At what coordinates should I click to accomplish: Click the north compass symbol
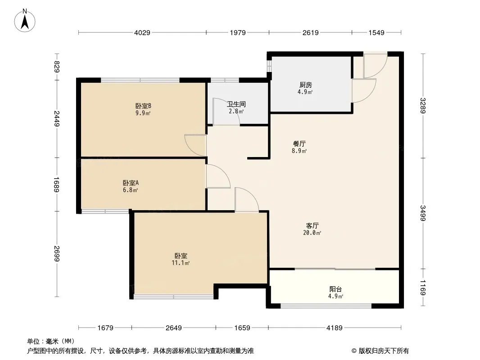[x=26, y=21]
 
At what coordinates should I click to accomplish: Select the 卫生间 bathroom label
[x=235, y=104]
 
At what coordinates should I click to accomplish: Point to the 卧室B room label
[x=143, y=106]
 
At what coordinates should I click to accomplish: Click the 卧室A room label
[x=131, y=183]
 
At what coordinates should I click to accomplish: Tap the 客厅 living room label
[x=313, y=225]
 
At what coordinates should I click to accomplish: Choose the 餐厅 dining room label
[x=300, y=144]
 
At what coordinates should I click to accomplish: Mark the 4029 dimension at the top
[x=142, y=32]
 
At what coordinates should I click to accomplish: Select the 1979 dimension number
[x=237, y=32]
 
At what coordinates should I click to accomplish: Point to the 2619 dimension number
[x=310, y=32]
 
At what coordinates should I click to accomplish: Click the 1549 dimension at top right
[x=376, y=32]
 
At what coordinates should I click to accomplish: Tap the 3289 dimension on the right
[x=423, y=106]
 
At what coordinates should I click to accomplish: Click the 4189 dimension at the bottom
[x=335, y=328]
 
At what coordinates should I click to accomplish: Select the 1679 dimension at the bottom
[x=106, y=328]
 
